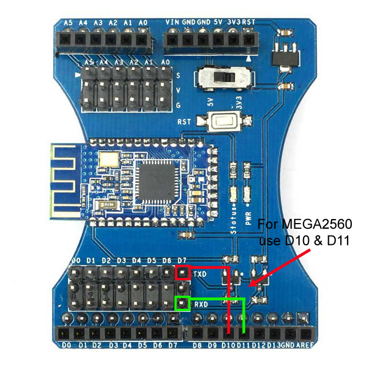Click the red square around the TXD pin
coord(182,273)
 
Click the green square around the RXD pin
coord(182,303)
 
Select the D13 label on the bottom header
coord(274,345)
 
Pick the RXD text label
coord(200,304)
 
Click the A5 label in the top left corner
coord(68,22)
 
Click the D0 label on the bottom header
coord(66,345)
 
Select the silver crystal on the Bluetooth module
coord(109,160)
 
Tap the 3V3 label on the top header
coord(233,22)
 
